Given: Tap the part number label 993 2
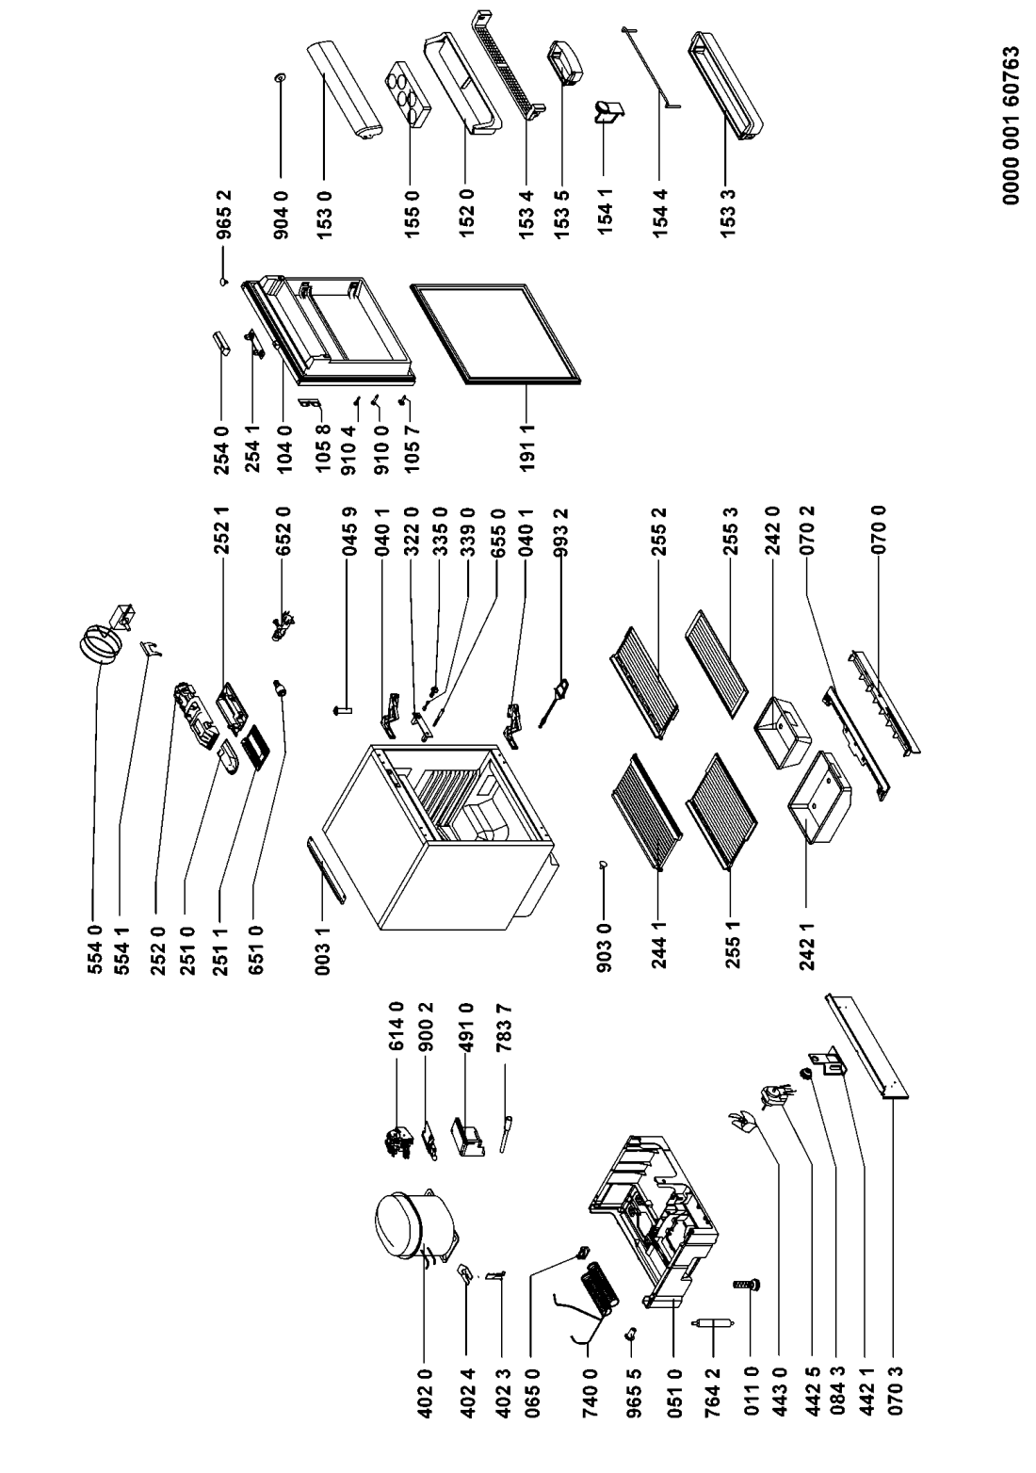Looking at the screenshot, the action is [x=561, y=533].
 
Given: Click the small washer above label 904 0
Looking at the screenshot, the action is [x=279, y=78].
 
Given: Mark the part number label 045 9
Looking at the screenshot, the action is [x=348, y=533].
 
